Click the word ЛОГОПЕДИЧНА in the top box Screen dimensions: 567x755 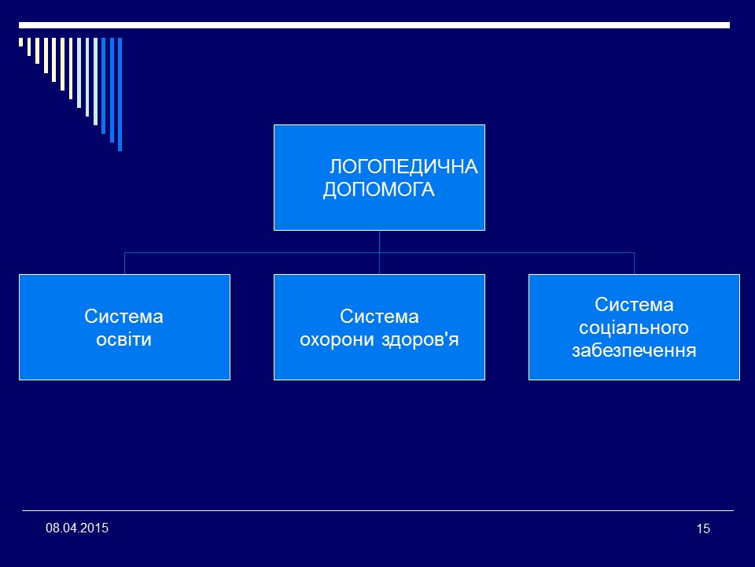tap(403, 167)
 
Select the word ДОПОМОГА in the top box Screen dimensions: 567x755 tap(379, 190)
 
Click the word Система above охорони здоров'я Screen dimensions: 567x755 tap(379, 317)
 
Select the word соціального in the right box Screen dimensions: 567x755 tap(634, 327)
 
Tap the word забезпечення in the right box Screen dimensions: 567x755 tap(634, 350)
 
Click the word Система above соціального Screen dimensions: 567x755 tap(634, 304)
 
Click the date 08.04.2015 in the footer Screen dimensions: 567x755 tap(77, 527)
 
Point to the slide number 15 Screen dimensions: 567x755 tap(703, 528)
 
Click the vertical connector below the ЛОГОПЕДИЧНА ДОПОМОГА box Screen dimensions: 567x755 tap(379, 241)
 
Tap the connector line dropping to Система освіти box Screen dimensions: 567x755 tap(125, 263)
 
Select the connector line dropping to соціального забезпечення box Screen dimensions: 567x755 tap(634, 263)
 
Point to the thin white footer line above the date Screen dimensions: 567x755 tap(377, 510)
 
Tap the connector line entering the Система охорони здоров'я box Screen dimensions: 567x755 tap(379, 265)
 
